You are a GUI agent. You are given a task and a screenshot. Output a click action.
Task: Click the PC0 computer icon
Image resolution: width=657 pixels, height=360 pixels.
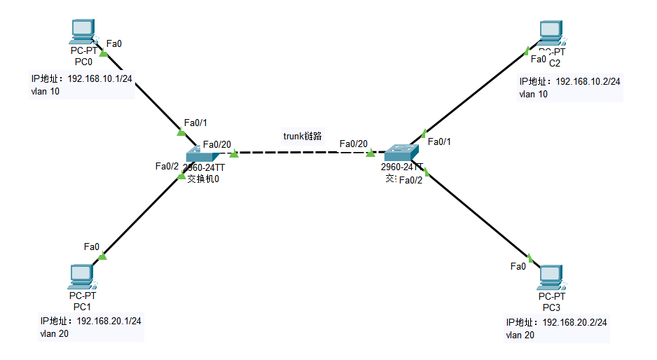click(x=83, y=32)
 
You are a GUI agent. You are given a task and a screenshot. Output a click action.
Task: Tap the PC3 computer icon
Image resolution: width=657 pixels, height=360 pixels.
click(x=551, y=278)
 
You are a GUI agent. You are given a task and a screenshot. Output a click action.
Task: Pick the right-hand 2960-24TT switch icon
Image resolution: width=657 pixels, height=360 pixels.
click(x=401, y=151)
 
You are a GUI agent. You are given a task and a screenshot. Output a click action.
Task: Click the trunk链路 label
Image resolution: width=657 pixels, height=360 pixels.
click(x=303, y=136)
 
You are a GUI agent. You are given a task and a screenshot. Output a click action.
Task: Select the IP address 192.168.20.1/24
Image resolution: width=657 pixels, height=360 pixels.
click(x=109, y=321)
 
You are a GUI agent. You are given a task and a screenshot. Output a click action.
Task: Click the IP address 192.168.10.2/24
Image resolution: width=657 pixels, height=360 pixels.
click(x=588, y=81)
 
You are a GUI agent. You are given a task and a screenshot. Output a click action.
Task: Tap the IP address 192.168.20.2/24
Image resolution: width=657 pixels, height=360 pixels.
click(x=574, y=322)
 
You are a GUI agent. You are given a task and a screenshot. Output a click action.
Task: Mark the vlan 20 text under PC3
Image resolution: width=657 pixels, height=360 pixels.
click(x=520, y=335)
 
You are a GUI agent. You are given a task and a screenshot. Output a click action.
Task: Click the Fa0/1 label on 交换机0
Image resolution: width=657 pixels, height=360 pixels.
click(x=195, y=122)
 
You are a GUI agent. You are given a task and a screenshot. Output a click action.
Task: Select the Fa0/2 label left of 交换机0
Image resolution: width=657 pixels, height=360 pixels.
click(x=167, y=166)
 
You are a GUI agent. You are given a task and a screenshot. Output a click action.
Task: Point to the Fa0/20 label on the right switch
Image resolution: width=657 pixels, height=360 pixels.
click(x=353, y=144)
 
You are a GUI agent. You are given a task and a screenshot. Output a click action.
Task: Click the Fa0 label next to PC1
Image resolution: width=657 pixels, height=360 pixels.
click(x=92, y=247)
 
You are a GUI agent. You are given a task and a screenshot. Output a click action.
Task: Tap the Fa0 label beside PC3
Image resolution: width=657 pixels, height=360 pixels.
click(x=518, y=266)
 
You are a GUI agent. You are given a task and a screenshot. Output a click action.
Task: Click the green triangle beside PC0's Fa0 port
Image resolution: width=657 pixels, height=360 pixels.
click(x=104, y=53)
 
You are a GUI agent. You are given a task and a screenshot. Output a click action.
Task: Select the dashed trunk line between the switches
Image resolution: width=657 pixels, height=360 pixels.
click(x=301, y=152)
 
